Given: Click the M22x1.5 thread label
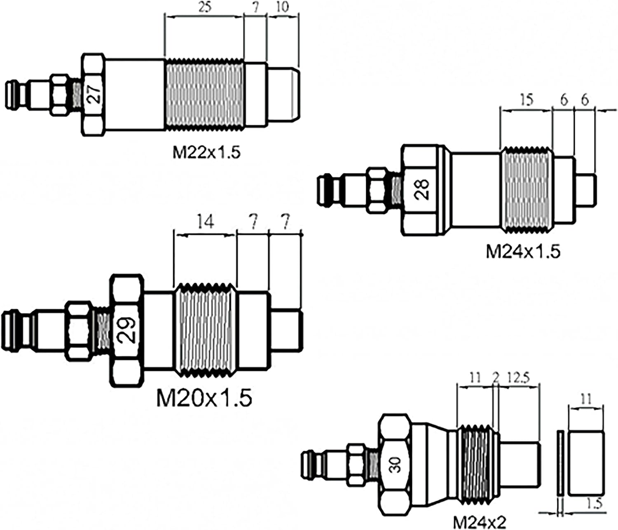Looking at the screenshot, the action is pyautogui.click(x=206, y=152).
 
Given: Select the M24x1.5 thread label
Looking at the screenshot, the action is pyautogui.click(x=523, y=251).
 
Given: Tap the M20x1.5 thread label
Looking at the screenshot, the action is pyautogui.click(x=204, y=398).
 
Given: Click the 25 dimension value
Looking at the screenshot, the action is pyautogui.click(x=204, y=7).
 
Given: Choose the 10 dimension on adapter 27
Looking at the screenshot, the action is pyautogui.click(x=283, y=7).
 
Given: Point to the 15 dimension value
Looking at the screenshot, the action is pyautogui.click(x=527, y=100).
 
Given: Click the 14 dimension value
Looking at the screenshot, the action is pyautogui.click(x=206, y=222).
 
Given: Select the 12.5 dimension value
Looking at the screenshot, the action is pyautogui.click(x=518, y=378).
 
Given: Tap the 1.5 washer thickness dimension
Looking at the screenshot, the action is pyautogui.click(x=595, y=504).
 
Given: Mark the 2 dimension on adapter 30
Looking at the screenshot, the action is pyautogui.click(x=496, y=378).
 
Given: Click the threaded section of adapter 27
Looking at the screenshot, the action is pyautogui.click(x=204, y=94).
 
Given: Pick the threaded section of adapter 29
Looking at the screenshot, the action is pyautogui.click(x=205, y=329).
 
